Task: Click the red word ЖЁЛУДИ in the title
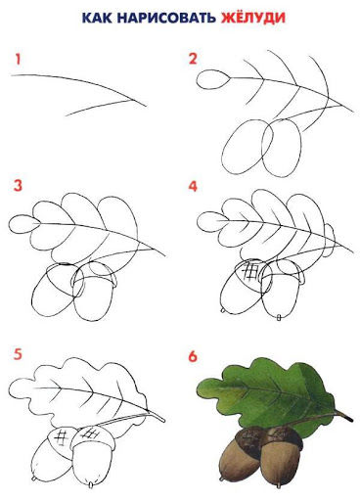coord(253,17)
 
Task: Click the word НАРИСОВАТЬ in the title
coord(166,19)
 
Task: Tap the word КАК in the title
coord(96,19)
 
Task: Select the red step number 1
coord(18,60)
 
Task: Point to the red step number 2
coord(193,59)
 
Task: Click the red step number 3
coord(18,185)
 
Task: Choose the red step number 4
coord(193,187)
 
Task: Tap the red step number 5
coord(18,354)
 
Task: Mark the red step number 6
coord(193,356)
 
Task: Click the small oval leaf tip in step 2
coord(213,79)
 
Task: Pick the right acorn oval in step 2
coord(282,148)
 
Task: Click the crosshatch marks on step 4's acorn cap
coord(251,271)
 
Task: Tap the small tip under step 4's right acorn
coord(279,317)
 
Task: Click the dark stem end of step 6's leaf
coord(347,418)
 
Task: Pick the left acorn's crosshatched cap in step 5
coord(62,438)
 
